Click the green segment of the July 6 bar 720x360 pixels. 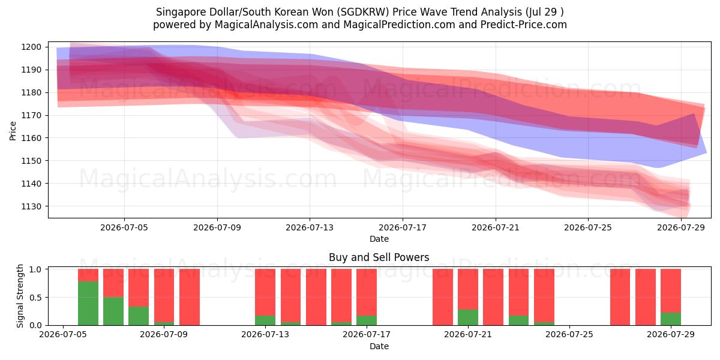(x=88, y=303)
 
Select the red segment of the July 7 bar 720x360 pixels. (x=113, y=283)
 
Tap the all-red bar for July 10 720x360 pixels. (x=190, y=297)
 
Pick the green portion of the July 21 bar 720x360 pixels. (x=468, y=317)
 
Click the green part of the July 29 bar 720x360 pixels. (x=671, y=319)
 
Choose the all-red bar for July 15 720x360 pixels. (x=316, y=297)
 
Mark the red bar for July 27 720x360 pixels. (x=620, y=297)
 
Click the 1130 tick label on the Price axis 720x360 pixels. (x=31, y=206)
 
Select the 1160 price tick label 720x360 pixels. (x=31, y=138)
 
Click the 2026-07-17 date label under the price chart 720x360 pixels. (x=403, y=227)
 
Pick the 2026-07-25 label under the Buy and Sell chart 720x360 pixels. (x=569, y=334)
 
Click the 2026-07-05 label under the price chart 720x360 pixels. (x=124, y=227)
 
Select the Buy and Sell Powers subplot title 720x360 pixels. (x=379, y=257)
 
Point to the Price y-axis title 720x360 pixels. (x=13, y=131)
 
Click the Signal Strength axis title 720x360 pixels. (x=20, y=296)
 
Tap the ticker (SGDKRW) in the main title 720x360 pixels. (x=363, y=12)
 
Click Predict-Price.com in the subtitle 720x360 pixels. (x=524, y=25)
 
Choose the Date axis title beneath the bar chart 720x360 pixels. (x=379, y=346)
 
